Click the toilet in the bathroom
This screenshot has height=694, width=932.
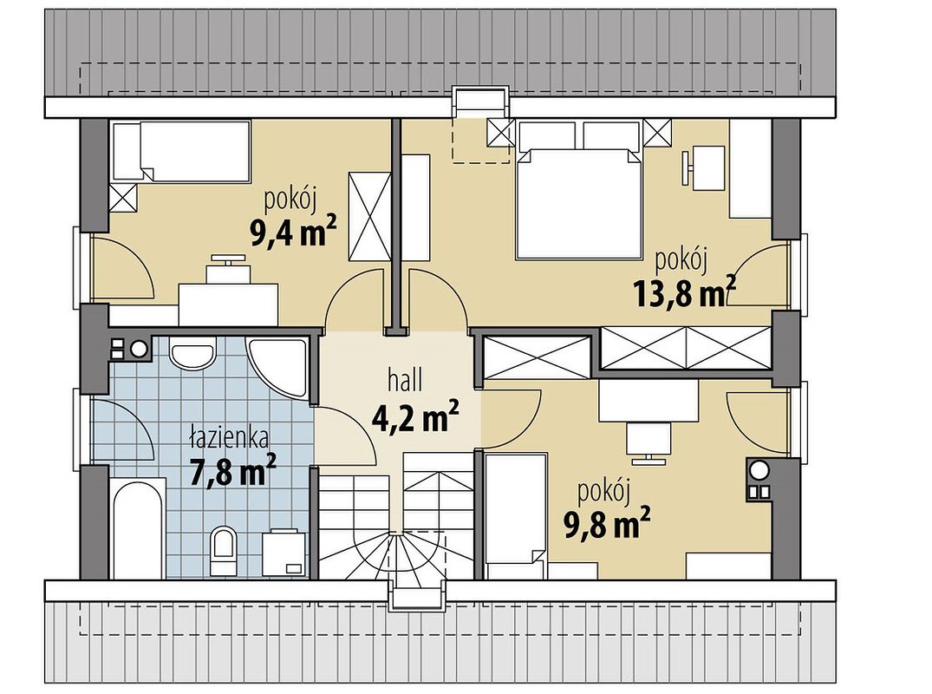click(x=223, y=549)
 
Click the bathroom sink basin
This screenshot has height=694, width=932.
click(x=191, y=355)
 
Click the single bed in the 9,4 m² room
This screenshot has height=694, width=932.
click(x=182, y=151)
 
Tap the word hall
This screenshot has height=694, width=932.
click(x=405, y=380)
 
